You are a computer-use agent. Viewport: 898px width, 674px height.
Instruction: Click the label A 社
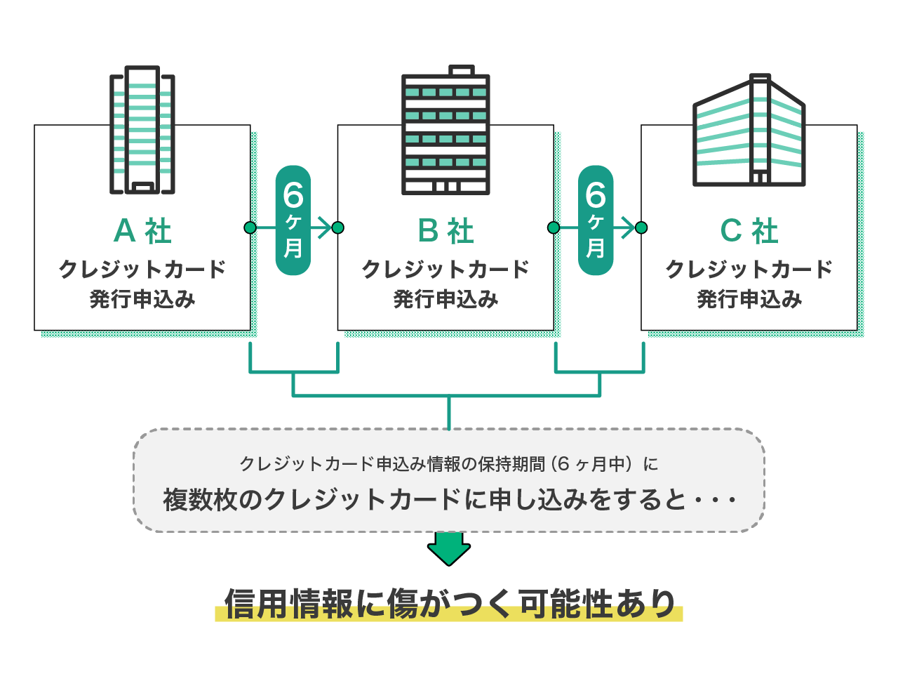[142, 231]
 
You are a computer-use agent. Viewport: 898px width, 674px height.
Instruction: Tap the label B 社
[446, 231]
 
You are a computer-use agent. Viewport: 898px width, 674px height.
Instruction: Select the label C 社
[749, 231]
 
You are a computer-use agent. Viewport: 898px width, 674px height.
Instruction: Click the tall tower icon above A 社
[142, 130]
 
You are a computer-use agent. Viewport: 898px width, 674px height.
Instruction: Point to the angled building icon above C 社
[749, 131]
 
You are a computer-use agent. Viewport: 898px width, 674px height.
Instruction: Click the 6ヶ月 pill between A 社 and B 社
[293, 220]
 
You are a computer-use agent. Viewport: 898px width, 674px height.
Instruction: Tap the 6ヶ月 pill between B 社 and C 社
[596, 220]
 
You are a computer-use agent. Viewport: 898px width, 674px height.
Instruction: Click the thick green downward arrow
[449, 548]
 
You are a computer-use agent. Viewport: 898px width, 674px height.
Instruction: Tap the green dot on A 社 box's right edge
[250, 227]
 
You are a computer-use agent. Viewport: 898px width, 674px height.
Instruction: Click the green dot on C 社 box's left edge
[641, 227]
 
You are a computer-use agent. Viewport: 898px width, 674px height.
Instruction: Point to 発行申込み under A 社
[142, 300]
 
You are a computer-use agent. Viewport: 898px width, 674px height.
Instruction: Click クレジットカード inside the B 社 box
[445, 270]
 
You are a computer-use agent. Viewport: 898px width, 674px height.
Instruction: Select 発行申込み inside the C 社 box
[749, 300]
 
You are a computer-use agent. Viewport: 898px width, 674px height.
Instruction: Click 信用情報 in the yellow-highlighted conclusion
[288, 604]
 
